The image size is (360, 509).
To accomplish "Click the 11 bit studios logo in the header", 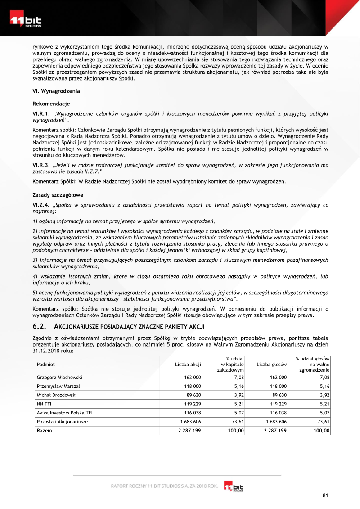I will click(x=26, y=22).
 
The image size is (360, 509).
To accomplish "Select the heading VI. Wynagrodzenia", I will click(x=57, y=91).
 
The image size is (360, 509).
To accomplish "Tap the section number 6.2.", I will click(x=41, y=326).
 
